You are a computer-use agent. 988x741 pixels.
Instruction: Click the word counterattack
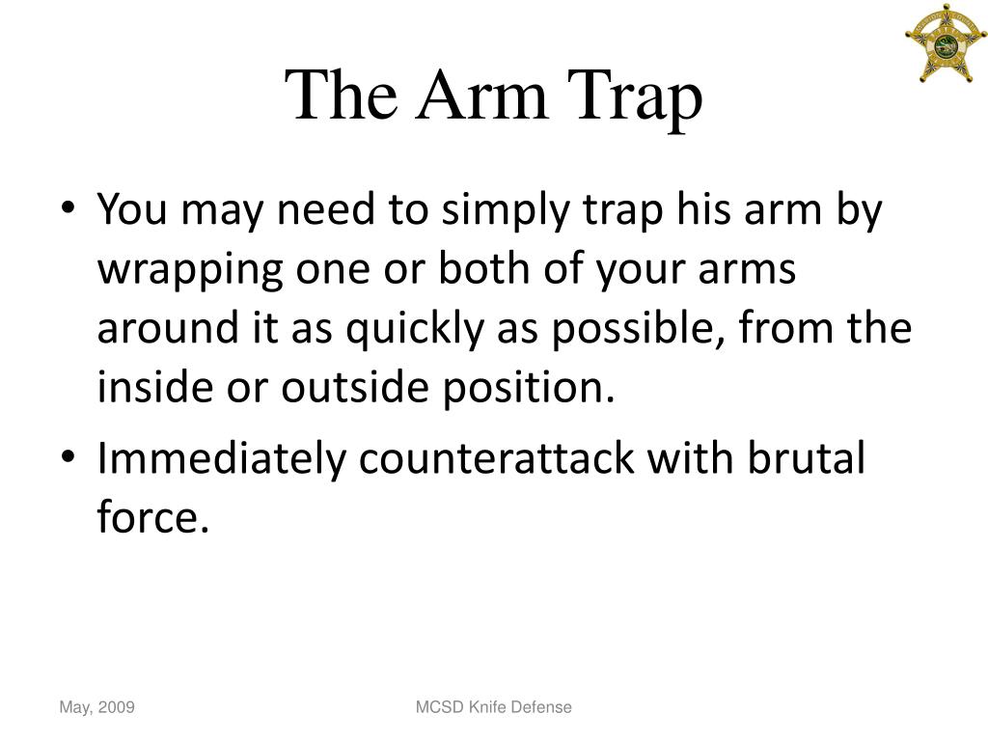tap(497, 459)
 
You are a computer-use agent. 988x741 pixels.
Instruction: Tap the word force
tap(152, 518)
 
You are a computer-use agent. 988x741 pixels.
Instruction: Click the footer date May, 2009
tap(96, 708)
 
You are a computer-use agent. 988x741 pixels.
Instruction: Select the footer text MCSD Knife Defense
tap(493, 707)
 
